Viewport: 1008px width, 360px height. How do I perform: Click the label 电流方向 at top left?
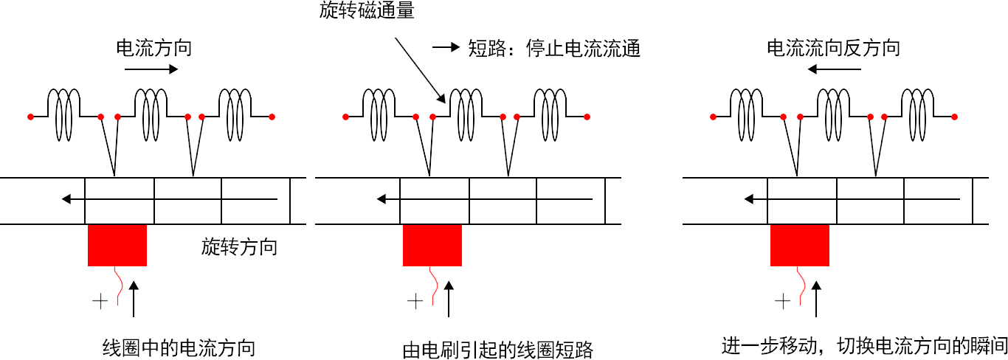click(x=154, y=49)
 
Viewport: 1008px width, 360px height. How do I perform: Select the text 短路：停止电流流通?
click(x=554, y=49)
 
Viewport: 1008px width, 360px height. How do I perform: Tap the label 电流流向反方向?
click(x=833, y=49)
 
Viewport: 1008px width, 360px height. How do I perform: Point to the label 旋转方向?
click(x=239, y=246)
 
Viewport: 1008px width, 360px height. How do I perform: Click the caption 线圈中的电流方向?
click(x=179, y=347)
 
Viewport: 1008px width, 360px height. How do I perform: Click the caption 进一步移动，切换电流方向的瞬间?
click(x=864, y=345)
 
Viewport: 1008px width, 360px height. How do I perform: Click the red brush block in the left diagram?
click(x=117, y=246)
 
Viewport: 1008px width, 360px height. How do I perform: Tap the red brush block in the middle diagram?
click(x=432, y=246)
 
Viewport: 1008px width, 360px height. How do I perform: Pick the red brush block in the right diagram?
click(x=800, y=246)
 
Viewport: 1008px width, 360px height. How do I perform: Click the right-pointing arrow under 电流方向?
click(x=151, y=69)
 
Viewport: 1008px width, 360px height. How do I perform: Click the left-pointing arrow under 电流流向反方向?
click(x=834, y=69)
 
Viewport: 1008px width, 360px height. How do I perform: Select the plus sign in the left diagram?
click(x=100, y=301)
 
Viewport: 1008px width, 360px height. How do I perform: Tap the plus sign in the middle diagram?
click(x=415, y=301)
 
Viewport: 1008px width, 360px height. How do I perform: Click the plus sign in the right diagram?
click(x=782, y=301)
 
